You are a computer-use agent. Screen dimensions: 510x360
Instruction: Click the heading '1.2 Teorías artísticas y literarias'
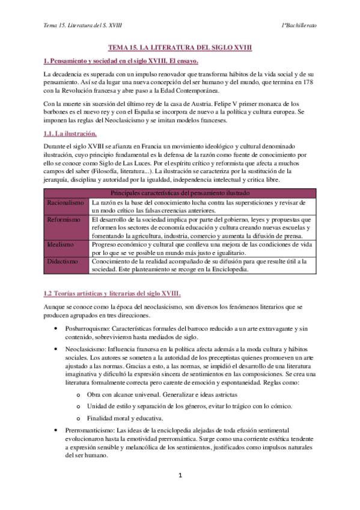pyautogui.click(x=112, y=293)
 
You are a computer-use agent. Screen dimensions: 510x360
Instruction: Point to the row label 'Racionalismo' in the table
pyautogui.click(x=66, y=203)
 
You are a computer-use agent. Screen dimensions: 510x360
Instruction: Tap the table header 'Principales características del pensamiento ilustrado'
pyautogui.click(x=180, y=192)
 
